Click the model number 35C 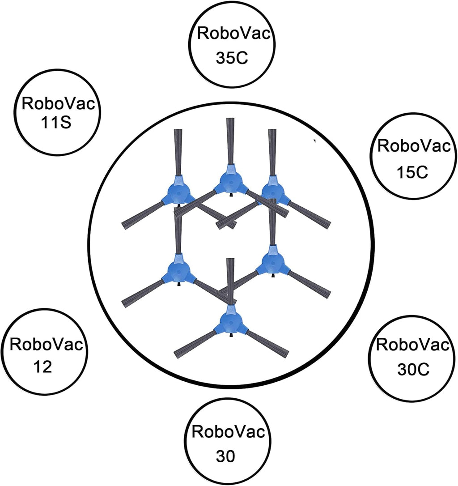point(232,57)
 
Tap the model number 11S point(56,123)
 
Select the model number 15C point(412,172)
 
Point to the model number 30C point(413,369)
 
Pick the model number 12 point(42,367)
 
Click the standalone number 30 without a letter point(225,456)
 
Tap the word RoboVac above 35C point(234,33)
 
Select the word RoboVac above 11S point(58,103)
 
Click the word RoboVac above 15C point(414,145)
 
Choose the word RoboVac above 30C point(413,344)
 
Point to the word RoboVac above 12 point(47,344)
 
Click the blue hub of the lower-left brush point(178,271)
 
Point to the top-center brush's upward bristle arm point(230,141)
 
